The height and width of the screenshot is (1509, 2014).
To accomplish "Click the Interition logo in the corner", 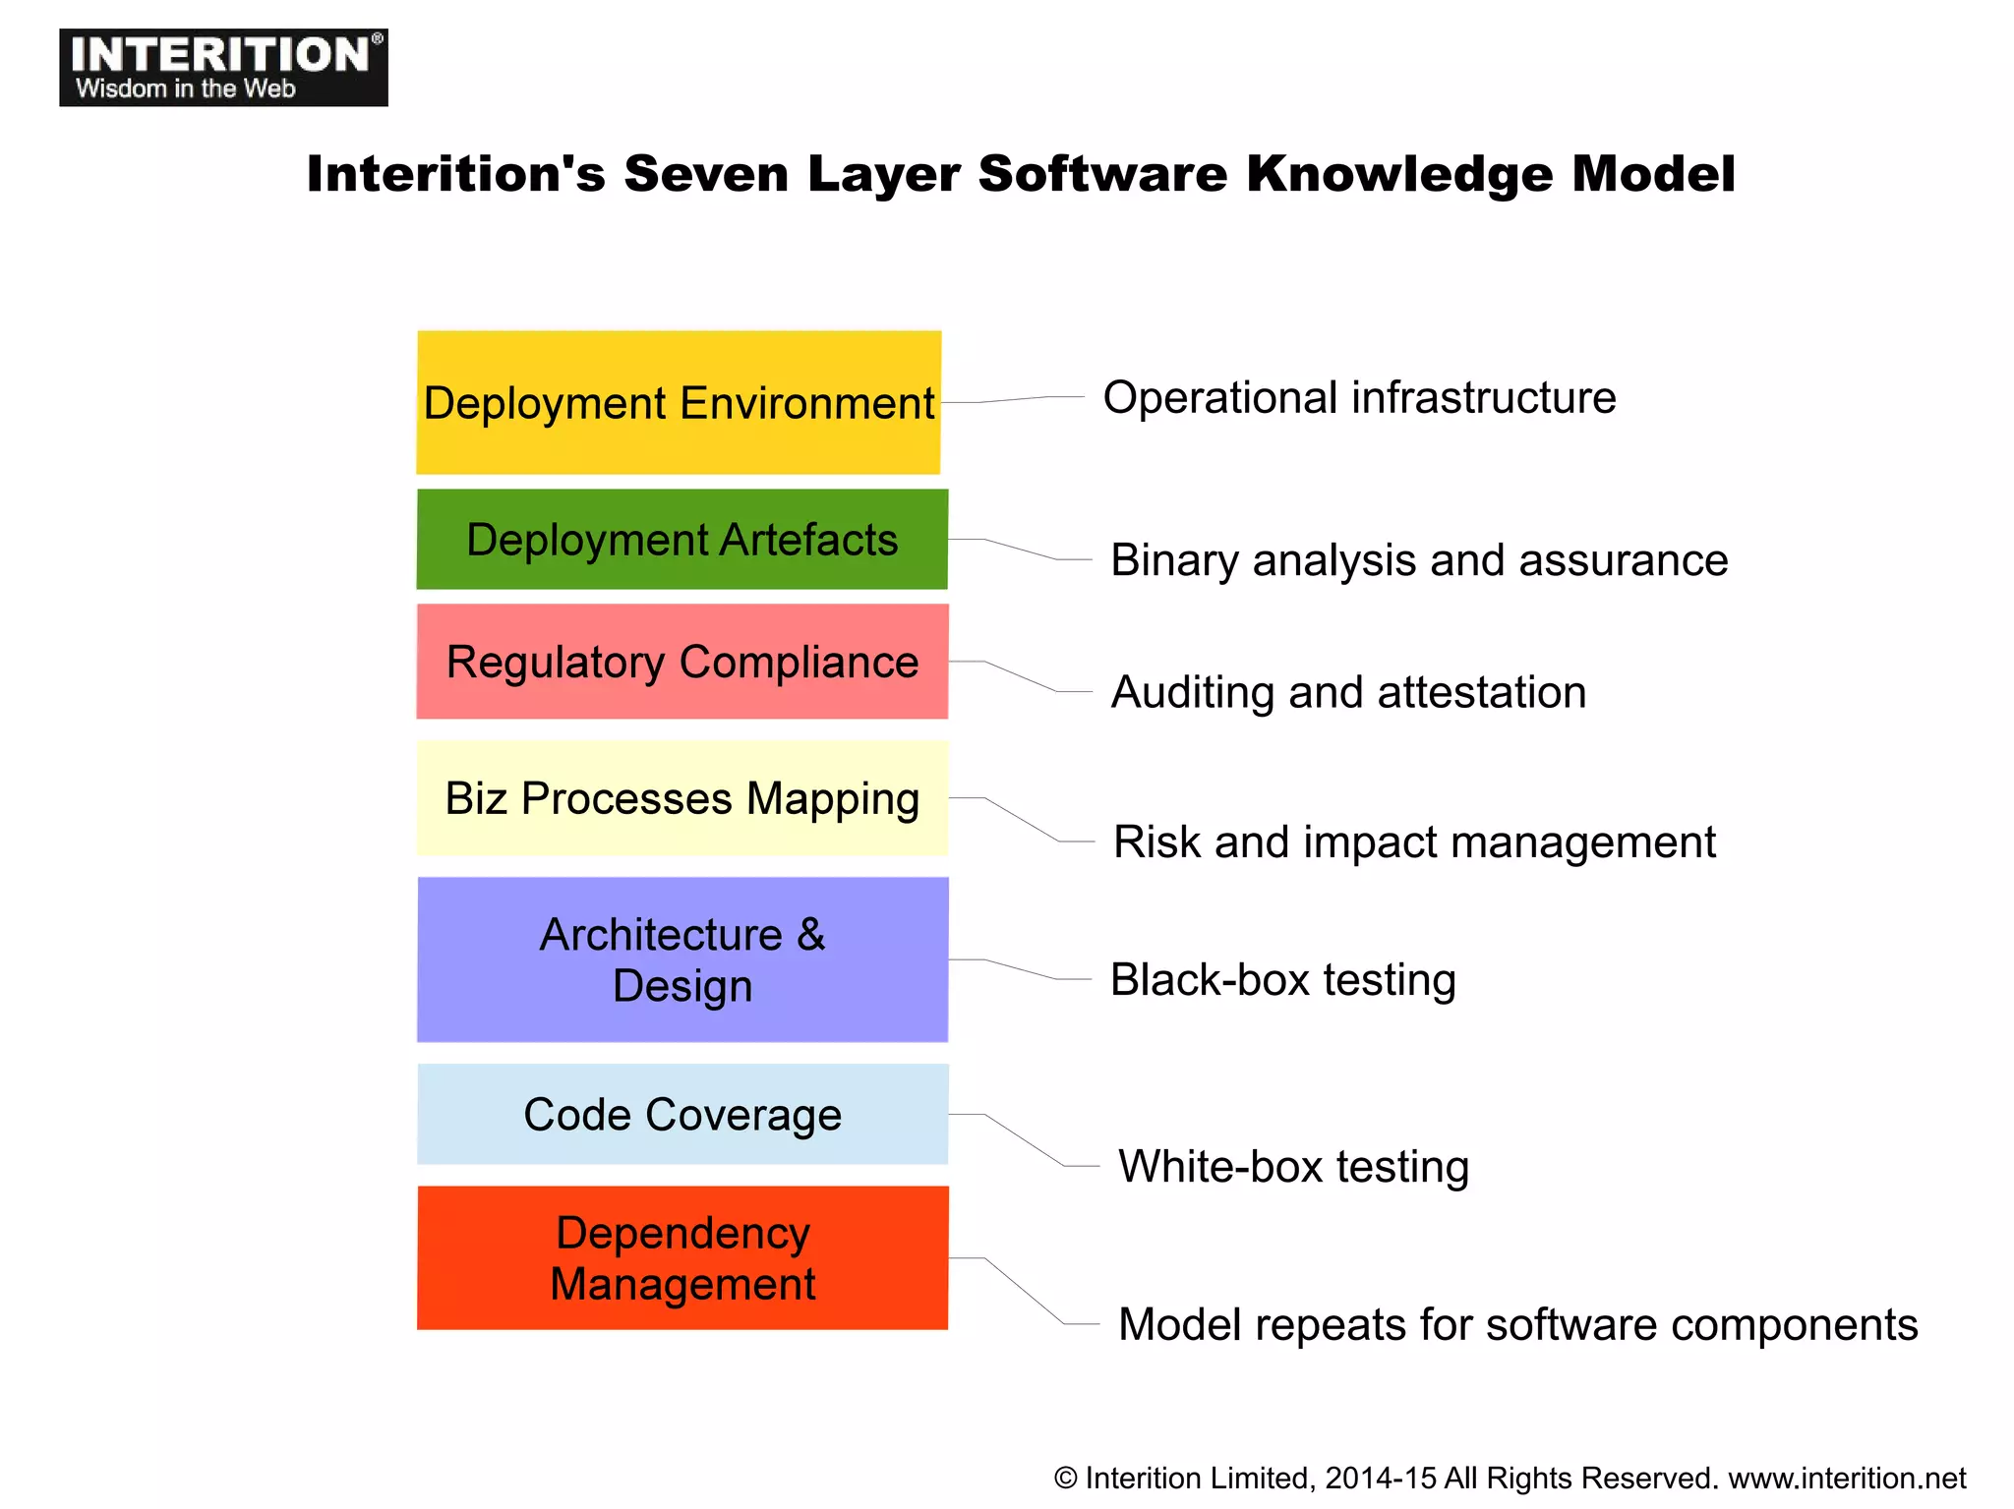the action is [223, 67].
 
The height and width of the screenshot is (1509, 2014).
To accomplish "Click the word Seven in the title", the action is [706, 174].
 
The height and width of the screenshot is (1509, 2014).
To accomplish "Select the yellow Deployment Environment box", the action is [679, 403].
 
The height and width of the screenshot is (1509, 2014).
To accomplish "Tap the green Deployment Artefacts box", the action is [681, 540].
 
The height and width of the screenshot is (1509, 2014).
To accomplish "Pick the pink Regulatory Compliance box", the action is [681, 662].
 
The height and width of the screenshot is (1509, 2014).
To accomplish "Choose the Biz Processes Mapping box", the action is [681, 798].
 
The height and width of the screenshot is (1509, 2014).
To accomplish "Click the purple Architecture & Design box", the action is [681, 959].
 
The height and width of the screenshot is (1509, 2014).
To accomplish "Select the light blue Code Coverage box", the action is [681, 1115].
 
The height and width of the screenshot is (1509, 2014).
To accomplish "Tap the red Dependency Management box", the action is [681, 1258].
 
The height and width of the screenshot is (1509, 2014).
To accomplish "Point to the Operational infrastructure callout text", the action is [1359, 398].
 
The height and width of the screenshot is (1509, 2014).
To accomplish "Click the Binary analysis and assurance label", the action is [1418, 560].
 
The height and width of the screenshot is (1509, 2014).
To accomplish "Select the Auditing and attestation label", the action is [1348, 692].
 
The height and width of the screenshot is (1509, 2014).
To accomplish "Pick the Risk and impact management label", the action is [1414, 842].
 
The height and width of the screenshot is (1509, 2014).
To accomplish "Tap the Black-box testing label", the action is [1282, 980].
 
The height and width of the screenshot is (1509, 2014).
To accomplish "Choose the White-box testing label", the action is [1293, 1167].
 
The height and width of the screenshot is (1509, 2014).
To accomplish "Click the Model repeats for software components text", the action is [1517, 1325].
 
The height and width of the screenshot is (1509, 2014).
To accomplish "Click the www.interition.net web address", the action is [1847, 1479].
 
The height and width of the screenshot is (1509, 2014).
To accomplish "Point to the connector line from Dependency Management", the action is [1023, 1291].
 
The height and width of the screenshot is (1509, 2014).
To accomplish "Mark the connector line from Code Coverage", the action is [1023, 1139].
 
